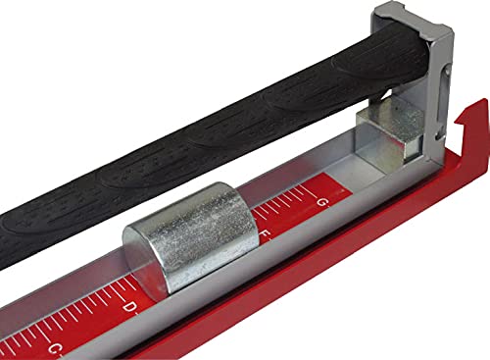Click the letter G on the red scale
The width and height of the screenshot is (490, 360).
323,203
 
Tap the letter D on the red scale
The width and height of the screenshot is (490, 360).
129,307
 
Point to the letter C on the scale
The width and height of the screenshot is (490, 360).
54,347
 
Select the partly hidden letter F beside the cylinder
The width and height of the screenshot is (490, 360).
267,235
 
